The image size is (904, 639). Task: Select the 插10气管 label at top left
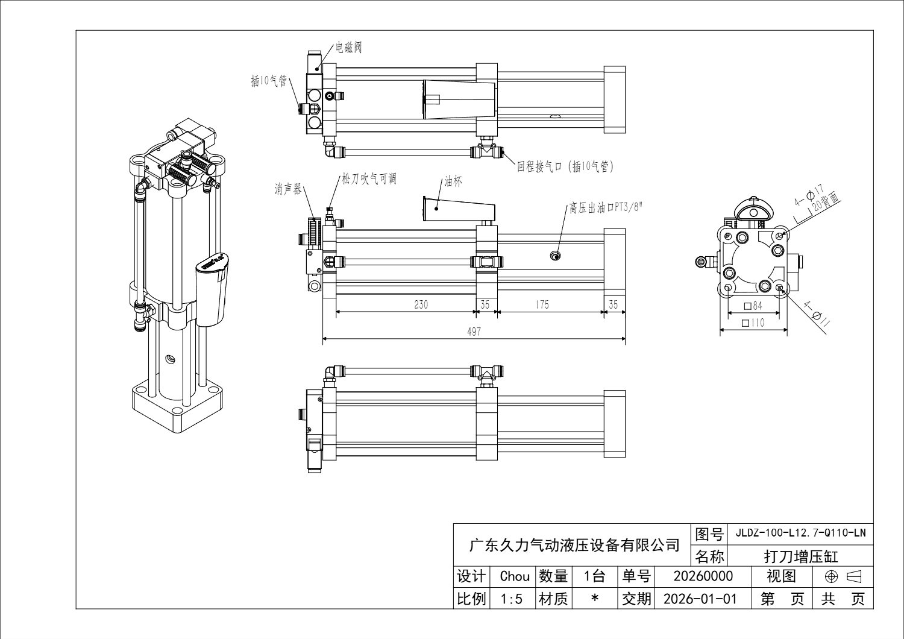[x=269, y=80]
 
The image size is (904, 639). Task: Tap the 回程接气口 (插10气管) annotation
[x=565, y=166]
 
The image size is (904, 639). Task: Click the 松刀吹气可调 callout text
[x=369, y=179]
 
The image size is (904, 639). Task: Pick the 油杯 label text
[x=453, y=182]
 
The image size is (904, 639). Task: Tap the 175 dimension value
[x=542, y=304]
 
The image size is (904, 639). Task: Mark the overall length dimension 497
[x=474, y=332]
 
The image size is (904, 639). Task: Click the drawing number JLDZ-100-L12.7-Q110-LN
[x=800, y=533]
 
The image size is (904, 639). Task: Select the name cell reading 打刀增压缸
[x=800, y=556]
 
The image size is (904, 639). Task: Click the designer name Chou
[x=514, y=576]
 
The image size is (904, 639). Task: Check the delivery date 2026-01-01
[x=699, y=599]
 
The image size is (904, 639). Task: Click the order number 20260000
[x=703, y=576]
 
